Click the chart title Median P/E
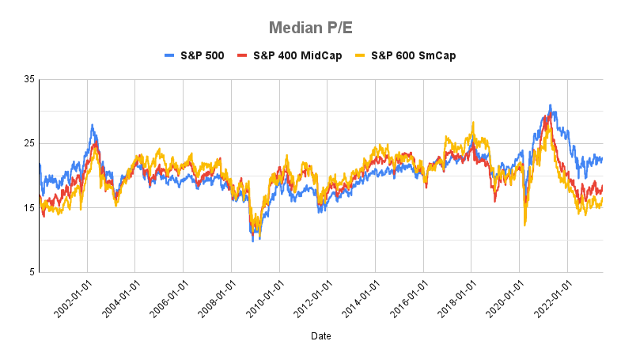[310, 28]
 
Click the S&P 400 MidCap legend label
[297, 55]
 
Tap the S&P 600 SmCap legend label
[407, 55]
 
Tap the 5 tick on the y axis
[32, 273]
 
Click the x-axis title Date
[320, 336]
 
